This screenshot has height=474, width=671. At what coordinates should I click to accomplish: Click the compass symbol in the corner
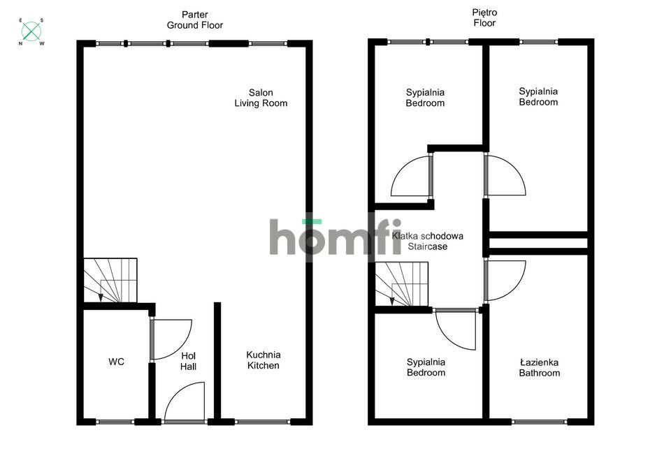(x=31, y=31)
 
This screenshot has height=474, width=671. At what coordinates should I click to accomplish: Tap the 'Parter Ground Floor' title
(x=194, y=20)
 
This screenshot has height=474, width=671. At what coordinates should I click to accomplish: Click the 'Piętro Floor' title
(x=484, y=18)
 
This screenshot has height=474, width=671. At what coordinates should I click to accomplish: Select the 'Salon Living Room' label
(x=261, y=98)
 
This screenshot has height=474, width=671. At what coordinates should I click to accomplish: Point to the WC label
(x=116, y=362)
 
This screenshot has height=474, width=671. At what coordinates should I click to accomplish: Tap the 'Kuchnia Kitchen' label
(x=264, y=360)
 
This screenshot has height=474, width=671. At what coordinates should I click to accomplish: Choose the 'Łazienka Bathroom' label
(x=539, y=368)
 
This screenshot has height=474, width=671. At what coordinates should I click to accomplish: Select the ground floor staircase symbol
(x=111, y=281)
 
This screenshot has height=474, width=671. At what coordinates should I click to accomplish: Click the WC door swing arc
(x=172, y=339)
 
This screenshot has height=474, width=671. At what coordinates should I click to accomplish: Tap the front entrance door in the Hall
(x=185, y=403)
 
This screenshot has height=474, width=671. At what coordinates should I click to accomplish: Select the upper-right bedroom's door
(x=505, y=175)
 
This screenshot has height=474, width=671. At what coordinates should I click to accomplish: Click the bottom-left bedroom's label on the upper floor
(x=426, y=367)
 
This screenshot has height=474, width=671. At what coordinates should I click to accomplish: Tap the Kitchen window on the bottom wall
(x=262, y=422)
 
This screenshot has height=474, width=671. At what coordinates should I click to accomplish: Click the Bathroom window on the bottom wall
(x=539, y=422)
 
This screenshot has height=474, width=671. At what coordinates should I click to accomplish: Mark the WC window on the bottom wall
(x=115, y=422)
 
